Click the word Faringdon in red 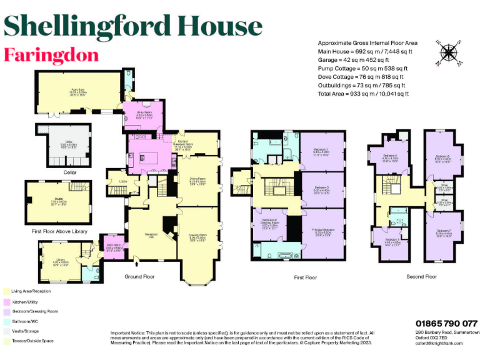(51, 55)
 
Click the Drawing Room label (198, 238)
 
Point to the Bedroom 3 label (322, 189)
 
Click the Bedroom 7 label (444, 233)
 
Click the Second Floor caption (421, 276)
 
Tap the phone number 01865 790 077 (446, 323)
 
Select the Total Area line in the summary (363, 94)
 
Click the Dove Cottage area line (362, 77)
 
